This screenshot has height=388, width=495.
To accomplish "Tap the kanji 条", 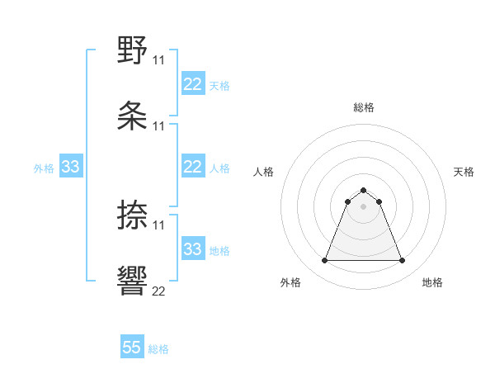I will (x=133, y=116).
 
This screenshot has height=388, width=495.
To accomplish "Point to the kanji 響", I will (x=133, y=281).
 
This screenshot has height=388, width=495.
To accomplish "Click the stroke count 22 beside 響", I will (x=158, y=291).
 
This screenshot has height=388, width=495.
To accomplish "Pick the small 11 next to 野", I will (x=158, y=60).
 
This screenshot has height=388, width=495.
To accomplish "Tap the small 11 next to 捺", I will (x=158, y=225).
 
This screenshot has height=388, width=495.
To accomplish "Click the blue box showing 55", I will (x=132, y=348).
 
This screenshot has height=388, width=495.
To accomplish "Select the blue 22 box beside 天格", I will (x=193, y=84).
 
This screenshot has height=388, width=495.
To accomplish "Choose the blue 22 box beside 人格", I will (x=193, y=167).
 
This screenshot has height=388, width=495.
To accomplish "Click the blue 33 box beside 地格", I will (x=193, y=249).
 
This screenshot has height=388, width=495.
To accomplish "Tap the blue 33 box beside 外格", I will (x=71, y=167).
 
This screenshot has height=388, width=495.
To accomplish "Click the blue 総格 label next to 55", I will (x=158, y=349).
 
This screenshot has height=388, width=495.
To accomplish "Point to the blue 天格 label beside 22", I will (x=219, y=85).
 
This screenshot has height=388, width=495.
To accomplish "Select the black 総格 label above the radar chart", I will (x=364, y=107).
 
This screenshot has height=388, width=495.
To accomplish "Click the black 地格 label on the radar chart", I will (x=432, y=283).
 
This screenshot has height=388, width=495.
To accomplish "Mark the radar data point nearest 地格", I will (x=402, y=261).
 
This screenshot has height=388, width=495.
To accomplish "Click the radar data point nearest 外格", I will (x=325, y=261).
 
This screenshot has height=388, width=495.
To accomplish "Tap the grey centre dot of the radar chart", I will (x=364, y=206).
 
